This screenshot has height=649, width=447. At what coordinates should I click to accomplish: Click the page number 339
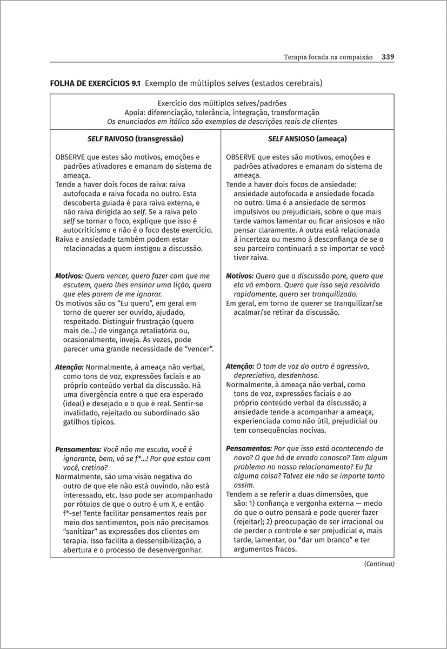pos(388,57)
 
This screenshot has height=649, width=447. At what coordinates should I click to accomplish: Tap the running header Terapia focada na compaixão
pos(328,57)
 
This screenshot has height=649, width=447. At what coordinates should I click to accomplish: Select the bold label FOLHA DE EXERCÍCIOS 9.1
pos(95,83)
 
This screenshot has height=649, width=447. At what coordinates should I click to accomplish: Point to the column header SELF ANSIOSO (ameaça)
pos(307,138)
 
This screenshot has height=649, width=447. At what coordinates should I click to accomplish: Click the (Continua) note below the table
pos(379,564)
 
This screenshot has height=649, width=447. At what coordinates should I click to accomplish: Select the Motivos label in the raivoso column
pos(69,275)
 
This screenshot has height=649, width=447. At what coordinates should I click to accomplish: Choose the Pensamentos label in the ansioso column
pos(249,448)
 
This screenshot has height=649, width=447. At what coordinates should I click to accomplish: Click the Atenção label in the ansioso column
pos(239,366)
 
